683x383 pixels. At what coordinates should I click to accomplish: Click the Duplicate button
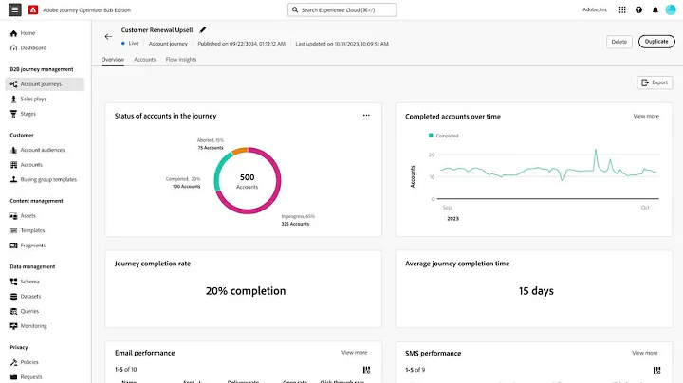tap(656, 42)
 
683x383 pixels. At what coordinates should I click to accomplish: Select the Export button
tap(655, 82)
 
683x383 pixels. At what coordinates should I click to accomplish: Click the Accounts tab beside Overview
tap(145, 59)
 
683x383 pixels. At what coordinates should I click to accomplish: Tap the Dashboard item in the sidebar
tap(33, 47)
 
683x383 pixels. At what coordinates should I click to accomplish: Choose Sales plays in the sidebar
tap(35, 99)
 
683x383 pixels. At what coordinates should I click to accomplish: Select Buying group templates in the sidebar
tap(48, 179)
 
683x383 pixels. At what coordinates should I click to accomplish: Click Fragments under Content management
tap(34, 245)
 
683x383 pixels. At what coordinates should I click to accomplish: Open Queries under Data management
tap(31, 310)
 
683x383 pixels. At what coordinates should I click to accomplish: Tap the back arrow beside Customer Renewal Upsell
tap(108, 37)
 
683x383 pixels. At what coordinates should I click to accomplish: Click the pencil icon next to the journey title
tap(203, 29)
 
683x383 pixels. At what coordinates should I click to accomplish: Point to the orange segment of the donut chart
tap(240, 150)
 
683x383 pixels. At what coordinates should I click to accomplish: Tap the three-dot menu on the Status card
tap(366, 116)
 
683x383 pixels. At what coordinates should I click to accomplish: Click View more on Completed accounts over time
tap(645, 116)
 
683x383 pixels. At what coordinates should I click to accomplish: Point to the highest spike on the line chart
tap(595, 151)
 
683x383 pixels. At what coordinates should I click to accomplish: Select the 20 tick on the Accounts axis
tap(432, 155)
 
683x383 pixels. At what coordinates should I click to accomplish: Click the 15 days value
tap(536, 291)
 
